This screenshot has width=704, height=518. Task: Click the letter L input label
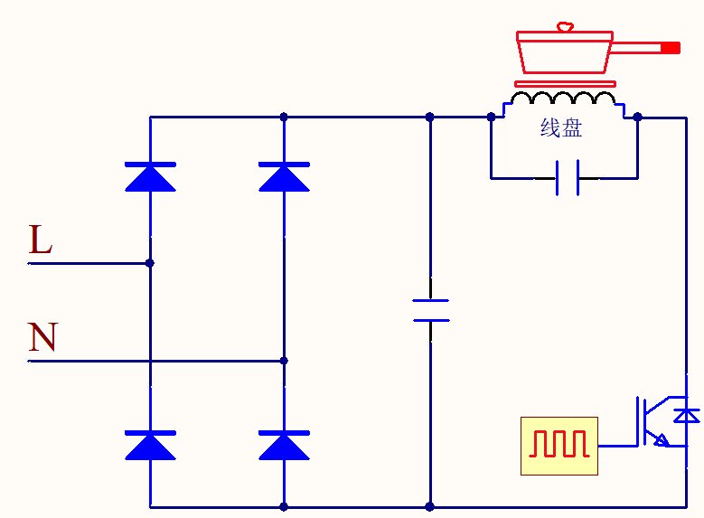tap(41, 240)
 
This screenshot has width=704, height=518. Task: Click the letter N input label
tap(42, 337)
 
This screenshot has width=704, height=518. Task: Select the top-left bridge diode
tap(150, 177)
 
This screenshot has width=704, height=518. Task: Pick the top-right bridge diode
tap(284, 177)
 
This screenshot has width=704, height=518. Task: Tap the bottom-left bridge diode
tap(150, 446)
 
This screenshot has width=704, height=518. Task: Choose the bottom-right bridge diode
tap(284, 446)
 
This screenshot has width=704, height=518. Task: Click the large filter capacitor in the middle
tap(430, 310)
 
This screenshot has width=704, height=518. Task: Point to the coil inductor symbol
tap(565, 99)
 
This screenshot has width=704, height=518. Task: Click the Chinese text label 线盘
tap(561, 128)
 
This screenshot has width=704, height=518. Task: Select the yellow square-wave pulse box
tap(559, 446)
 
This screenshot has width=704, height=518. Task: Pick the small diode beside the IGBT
tap(689, 415)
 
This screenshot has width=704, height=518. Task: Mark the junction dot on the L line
tap(150, 263)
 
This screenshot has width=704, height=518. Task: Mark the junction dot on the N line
tap(284, 361)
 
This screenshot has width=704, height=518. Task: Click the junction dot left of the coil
tap(491, 117)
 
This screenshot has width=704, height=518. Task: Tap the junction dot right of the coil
tap(638, 117)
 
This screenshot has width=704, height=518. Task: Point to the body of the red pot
tap(565, 57)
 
